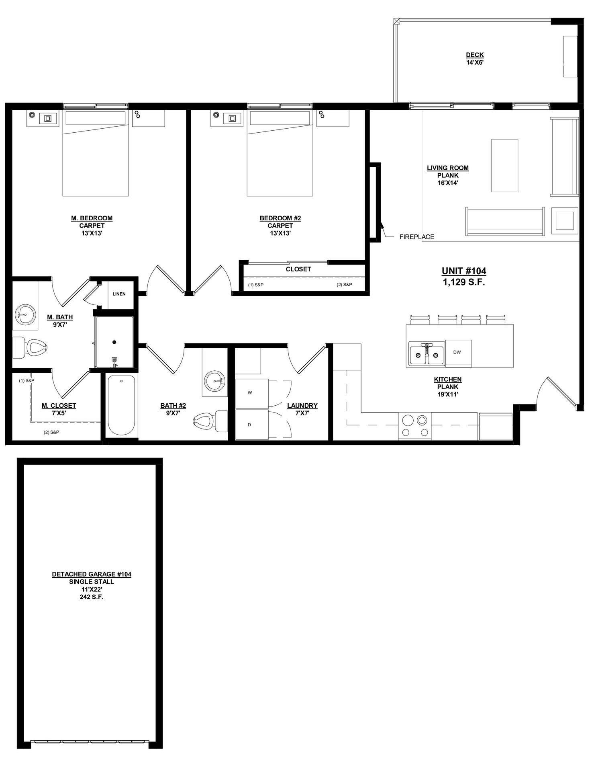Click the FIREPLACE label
(x=416, y=237)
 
